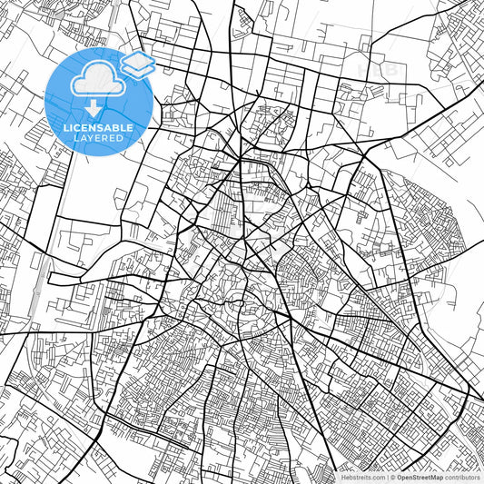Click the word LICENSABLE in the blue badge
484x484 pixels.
coord(98,128)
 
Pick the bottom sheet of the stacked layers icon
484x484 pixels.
coord(138,70)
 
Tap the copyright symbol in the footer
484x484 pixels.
coord(392,476)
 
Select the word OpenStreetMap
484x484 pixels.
coord(419,476)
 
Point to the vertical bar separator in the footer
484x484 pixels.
coord(386,476)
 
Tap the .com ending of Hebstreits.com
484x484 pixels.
coord(376,476)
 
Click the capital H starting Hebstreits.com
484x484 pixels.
coord(342,476)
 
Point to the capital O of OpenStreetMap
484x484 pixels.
coord(399,476)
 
